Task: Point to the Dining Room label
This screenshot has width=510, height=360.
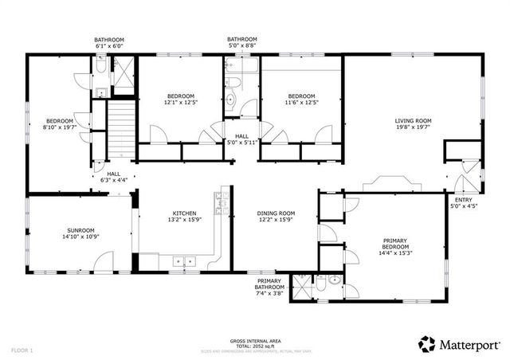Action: point(276,213)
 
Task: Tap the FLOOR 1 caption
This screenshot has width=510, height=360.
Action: point(22,350)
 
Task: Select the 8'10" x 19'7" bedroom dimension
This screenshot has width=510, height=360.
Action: point(59,127)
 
